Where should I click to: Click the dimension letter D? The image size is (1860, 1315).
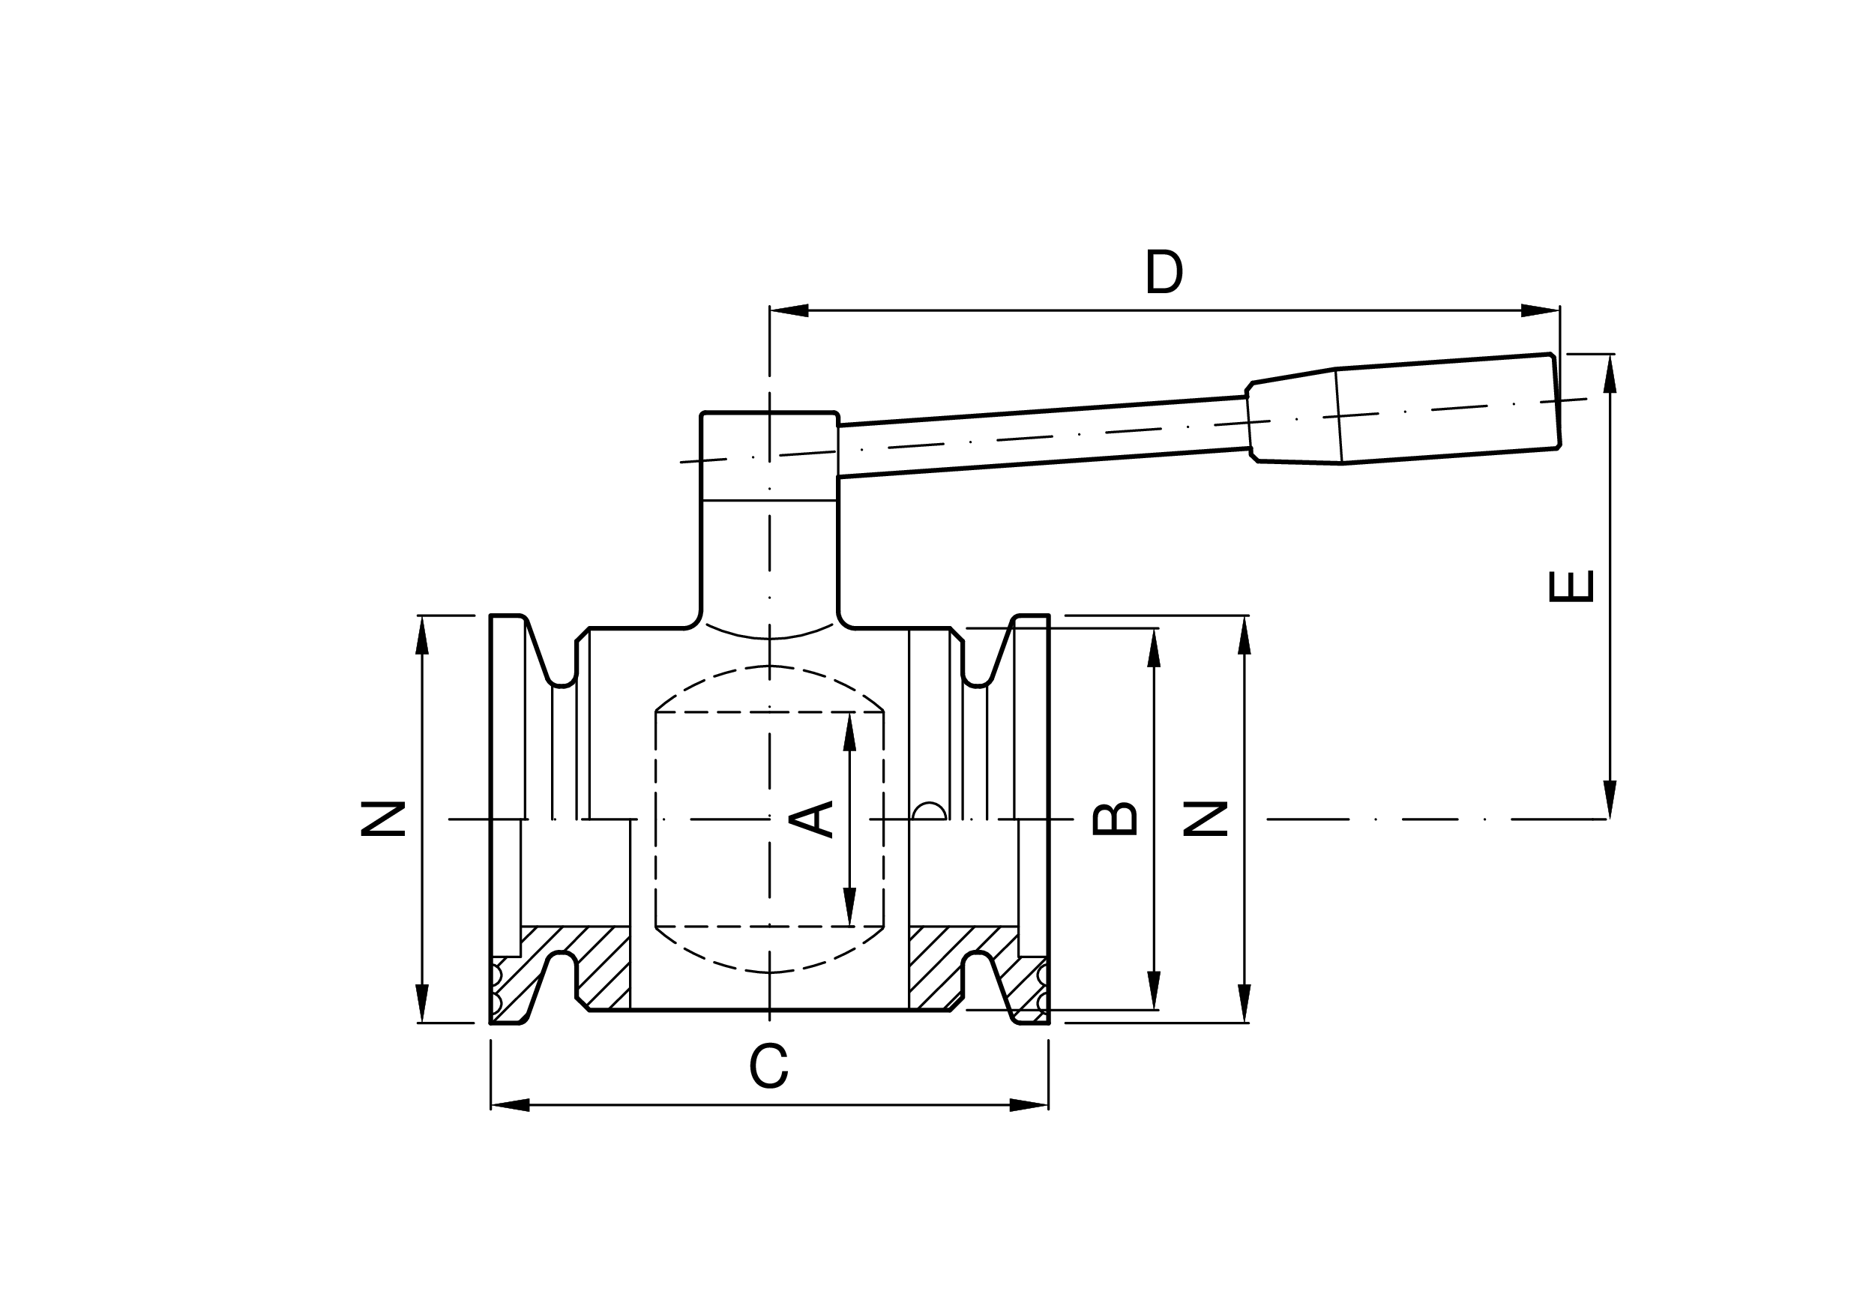point(1164,272)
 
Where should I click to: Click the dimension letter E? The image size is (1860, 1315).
point(1571,586)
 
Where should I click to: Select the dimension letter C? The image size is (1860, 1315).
point(768,1066)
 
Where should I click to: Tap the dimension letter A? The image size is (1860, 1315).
point(811,819)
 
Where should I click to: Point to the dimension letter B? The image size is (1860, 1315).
point(1116,819)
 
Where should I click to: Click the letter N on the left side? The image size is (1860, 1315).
point(382,819)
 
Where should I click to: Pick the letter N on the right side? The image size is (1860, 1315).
point(1206,819)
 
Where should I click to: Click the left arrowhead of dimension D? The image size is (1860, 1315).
point(789,310)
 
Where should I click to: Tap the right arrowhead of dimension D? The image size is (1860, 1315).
point(1540,310)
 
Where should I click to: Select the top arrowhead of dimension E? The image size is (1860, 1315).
point(1610,373)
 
